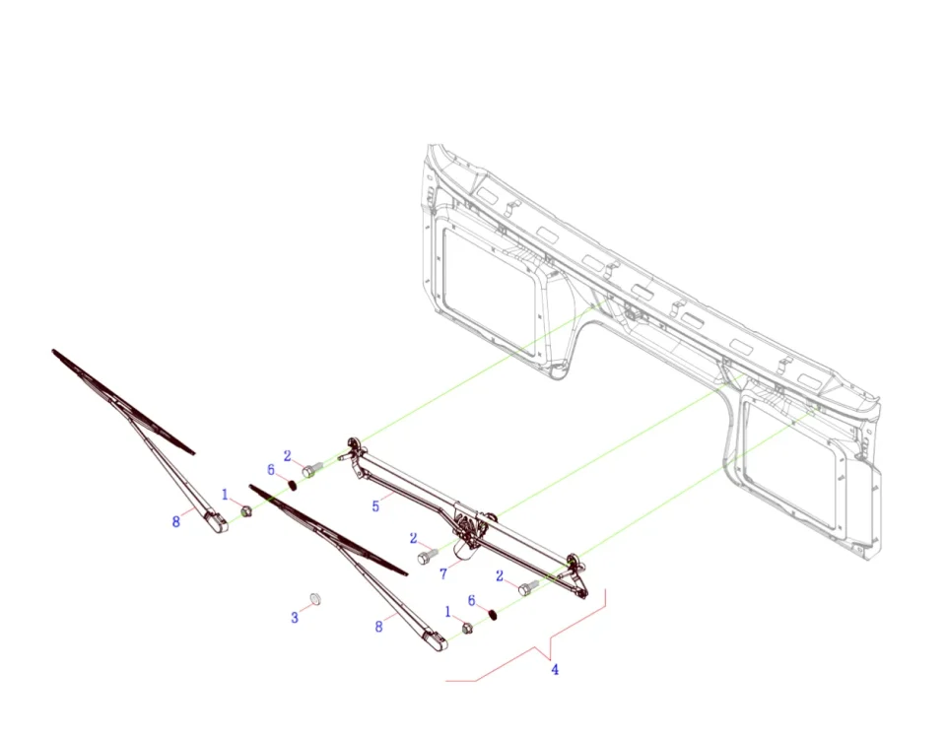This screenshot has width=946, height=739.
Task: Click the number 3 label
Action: (295, 618)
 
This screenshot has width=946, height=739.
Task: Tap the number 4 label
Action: (555, 670)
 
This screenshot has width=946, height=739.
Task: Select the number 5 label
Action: (375, 506)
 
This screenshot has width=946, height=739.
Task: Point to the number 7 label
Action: (443, 573)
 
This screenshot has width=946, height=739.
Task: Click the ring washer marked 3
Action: (315, 599)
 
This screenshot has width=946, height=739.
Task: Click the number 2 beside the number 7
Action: (413, 538)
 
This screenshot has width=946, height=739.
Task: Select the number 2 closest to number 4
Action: (500, 576)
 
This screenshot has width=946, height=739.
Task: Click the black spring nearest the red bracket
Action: (493, 615)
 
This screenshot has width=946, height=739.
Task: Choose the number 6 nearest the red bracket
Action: (472, 601)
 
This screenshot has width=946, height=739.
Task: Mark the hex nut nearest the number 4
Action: (467, 628)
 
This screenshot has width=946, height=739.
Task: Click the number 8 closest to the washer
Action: (378, 627)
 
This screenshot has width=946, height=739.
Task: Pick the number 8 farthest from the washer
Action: (176, 521)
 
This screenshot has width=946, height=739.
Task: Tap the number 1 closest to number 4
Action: (447, 612)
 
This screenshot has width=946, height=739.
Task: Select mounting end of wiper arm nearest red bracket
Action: (436, 640)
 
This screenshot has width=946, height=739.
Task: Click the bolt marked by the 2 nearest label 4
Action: (528, 587)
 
